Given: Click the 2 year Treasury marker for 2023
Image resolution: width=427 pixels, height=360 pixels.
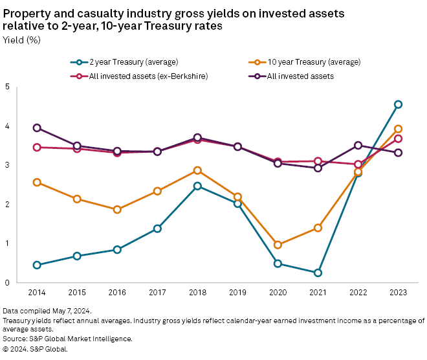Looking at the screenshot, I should (x=399, y=104).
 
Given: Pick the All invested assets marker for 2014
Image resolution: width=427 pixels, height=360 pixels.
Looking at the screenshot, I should (x=37, y=128).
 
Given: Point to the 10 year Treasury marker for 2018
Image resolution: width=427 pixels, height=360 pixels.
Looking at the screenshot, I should (x=197, y=170).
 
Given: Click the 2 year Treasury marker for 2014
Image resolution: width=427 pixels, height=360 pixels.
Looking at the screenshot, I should (x=37, y=265).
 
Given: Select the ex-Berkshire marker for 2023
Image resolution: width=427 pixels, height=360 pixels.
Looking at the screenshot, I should (x=399, y=139).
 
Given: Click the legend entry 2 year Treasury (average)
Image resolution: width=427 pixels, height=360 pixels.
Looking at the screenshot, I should (x=123, y=62).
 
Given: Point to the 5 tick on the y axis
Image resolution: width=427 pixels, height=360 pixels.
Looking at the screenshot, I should (x=7, y=87).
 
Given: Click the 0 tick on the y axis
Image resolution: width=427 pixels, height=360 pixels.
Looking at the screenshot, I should (x=7, y=283).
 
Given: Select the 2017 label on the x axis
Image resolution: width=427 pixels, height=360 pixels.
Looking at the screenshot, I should (x=157, y=293).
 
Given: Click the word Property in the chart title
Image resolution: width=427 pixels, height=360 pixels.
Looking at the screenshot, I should (x=25, y=14).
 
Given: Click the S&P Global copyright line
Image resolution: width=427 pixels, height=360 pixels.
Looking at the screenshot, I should (x=36, y=348).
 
